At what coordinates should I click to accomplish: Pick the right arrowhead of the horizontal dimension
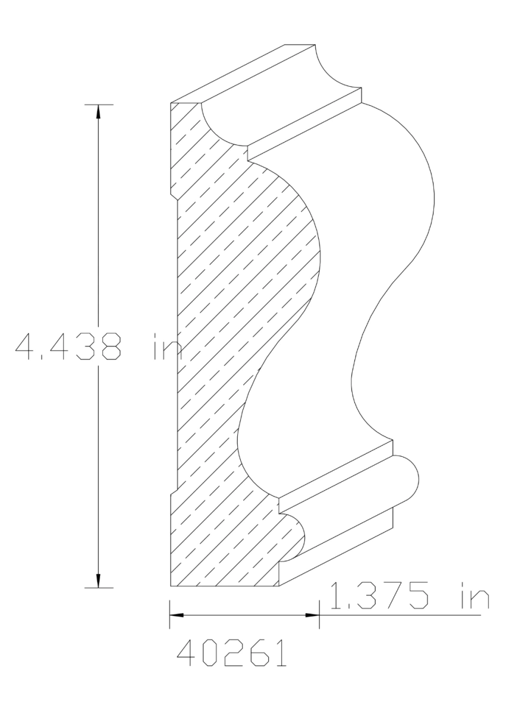[x=313, y=615]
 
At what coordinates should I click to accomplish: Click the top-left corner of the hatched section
[x=171, y=105]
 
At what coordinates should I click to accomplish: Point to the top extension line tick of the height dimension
[x=98, y=105]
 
